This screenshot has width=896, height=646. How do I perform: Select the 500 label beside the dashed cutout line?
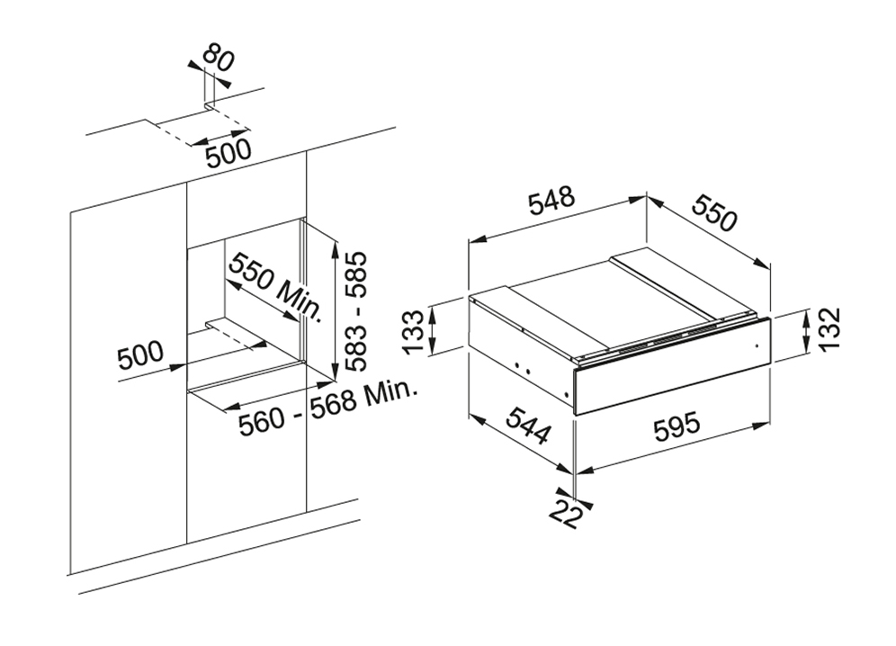[x=228, y=154]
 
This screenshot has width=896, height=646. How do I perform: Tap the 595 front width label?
[x=675, y=427]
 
